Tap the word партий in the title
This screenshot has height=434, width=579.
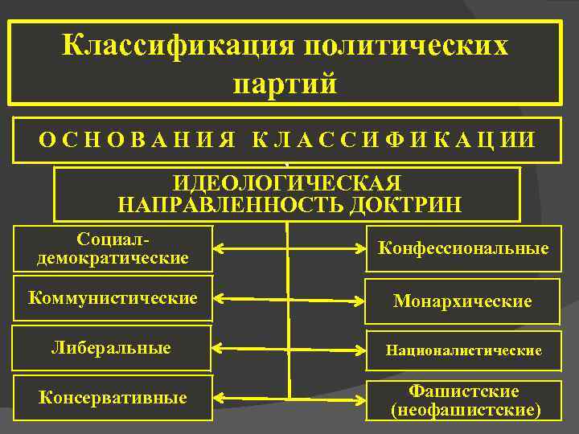(285, 83)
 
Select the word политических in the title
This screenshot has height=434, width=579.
(405, 45)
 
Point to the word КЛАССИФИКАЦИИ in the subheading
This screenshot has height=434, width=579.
(392, 139)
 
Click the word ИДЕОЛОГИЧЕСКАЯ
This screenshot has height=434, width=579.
(288, 183)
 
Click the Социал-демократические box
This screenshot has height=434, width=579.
(113, 248)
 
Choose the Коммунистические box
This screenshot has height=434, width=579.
(113, 298)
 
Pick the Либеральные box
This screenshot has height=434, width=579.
(111, 348)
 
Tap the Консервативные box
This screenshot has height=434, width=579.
(113, 398)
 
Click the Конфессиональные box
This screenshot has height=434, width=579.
(463, 248)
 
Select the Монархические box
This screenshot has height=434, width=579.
(462, 301)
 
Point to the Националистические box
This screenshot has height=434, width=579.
(463, 350)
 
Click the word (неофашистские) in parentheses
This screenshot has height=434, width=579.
(463, 411)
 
